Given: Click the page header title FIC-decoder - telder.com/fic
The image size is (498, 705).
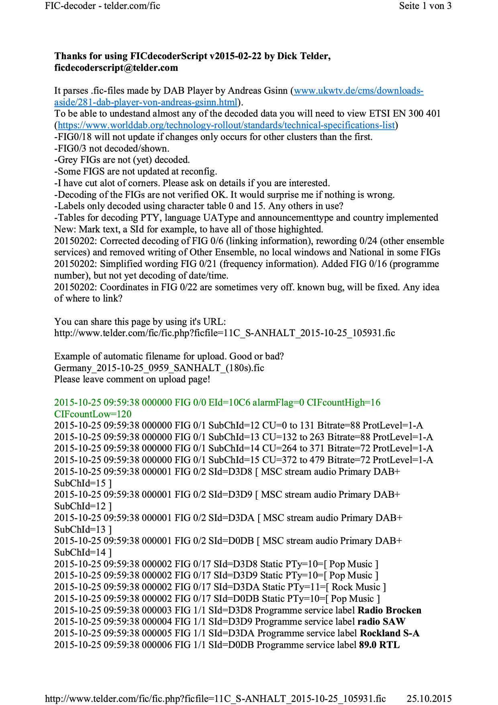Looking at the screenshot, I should (x=102, y=6).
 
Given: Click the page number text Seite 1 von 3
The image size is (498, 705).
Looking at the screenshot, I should (x=425, y=6).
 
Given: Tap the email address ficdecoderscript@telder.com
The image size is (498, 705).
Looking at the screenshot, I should (x=116, y=68).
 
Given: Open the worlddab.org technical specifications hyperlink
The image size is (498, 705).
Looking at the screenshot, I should (x=227, y=125).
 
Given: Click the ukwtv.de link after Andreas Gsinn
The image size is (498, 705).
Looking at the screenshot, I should (x=358, y=91).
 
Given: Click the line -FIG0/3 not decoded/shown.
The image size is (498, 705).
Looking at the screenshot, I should (x=112, y=148).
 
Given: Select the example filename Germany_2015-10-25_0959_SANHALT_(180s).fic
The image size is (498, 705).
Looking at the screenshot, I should (x=159, y=368).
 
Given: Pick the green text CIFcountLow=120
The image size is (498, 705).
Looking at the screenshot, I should (x=93, y=414).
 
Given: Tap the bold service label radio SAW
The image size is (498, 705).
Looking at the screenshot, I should (x=381, y=622).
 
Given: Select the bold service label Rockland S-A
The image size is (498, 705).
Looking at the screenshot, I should (x=390, y=633).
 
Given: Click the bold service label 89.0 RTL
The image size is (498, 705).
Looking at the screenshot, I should (x=379, y=645).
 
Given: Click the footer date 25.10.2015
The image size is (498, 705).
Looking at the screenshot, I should (x=429, y=699).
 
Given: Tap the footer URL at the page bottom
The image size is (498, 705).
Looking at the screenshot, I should (x=215, y=699).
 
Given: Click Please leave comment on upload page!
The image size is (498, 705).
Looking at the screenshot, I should (x=132, y=379).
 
